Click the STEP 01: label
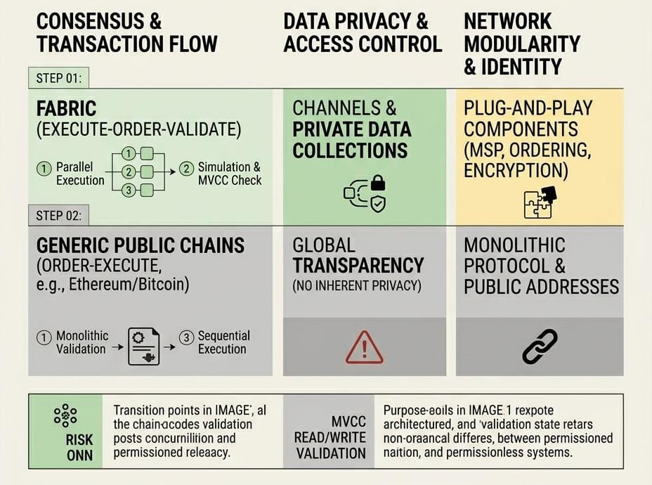60,78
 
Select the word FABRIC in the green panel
66,110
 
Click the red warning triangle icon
364,347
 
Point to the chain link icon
540,347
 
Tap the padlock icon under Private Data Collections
377,183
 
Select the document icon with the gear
143,346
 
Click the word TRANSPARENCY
358,265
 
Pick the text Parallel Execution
80,174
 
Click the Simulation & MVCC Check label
230,174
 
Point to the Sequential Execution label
223,342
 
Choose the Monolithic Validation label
82,342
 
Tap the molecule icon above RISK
65,415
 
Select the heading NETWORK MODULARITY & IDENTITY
522,44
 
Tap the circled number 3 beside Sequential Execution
185,337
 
